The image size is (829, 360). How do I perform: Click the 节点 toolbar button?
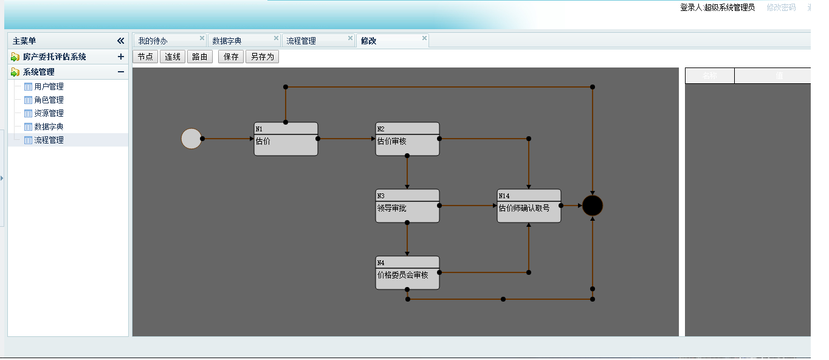coord(145,57)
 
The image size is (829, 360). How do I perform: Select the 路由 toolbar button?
coord(199,57)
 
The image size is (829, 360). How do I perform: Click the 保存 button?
coord(231,57)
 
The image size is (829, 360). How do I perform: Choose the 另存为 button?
coord(263,57)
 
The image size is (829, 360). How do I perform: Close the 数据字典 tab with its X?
coord(276,38)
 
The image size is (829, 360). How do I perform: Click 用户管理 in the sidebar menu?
coord(49,86)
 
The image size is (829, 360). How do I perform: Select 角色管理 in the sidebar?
coord(49,100)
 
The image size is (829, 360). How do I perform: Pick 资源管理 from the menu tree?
coord(49,113)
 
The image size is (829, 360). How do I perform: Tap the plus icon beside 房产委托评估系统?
coord(121,57)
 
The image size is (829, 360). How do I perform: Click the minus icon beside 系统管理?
coord(121,72)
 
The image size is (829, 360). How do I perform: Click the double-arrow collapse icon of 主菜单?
coord(120,41)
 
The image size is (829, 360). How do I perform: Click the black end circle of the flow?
coord(593,206)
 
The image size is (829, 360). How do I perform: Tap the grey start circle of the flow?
coord(191,139)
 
